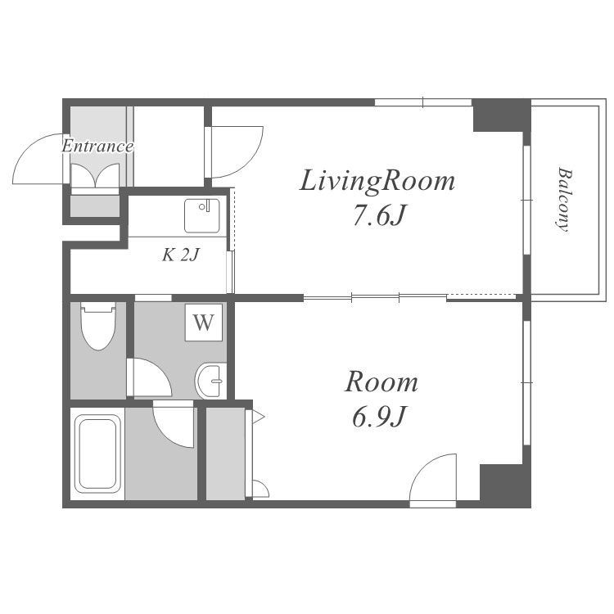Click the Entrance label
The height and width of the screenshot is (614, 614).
click(97, 147)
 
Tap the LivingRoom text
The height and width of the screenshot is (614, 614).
click(377, 181)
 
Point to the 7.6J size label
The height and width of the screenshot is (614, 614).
click(378, 215)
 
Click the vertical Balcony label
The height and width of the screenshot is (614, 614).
click(563, 200)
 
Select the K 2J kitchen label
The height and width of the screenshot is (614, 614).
click(181, 255)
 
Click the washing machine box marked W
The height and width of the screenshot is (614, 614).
click(204, 323)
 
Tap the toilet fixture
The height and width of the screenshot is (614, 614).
click(98, 325)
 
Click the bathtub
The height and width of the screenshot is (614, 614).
click(97, 454)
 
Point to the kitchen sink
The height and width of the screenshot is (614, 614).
click(202, 216)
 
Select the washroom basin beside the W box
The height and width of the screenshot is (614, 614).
click(210, 381)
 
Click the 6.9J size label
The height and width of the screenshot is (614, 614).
click(378, 417)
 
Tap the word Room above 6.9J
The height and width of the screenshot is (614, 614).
click(381, 382)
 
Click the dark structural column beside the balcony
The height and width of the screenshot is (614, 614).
click(502, 115)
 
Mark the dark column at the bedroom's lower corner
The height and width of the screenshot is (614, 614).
click(505, 486)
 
